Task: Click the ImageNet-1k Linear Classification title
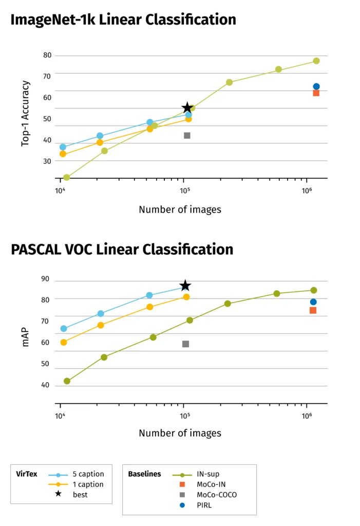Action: [x=123, y=20]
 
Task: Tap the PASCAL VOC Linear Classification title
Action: [x=122, y=249]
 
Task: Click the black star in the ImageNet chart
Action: [x=187, y=107]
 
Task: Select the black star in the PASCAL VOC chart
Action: [x=185, y=286]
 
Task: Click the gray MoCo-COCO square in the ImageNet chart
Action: [x=187, y=136]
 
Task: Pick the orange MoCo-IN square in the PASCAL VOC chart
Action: [x=313, y=310]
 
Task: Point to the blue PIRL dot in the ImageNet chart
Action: [x=316, y=87]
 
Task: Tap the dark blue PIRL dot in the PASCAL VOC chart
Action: [x=313, y=302]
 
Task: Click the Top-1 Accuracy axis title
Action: [x=26, y=114]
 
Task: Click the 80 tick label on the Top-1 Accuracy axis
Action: [x=47, y=55]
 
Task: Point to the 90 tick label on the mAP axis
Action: [x=45, y=279]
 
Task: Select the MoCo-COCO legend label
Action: [x=217, y=495]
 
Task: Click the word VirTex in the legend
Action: [x=27, y=474]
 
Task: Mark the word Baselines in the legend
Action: [x=144, y=474]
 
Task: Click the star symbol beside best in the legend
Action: [x=59, y=494]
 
